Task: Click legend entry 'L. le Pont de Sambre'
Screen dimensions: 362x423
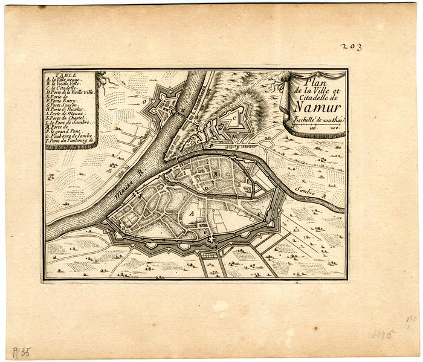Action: tap(69, 122)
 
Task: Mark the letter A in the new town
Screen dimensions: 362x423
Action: tap(192, 213)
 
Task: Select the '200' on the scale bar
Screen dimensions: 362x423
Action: tap(330, 128)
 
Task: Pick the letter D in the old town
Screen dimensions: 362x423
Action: tap(206, 189)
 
